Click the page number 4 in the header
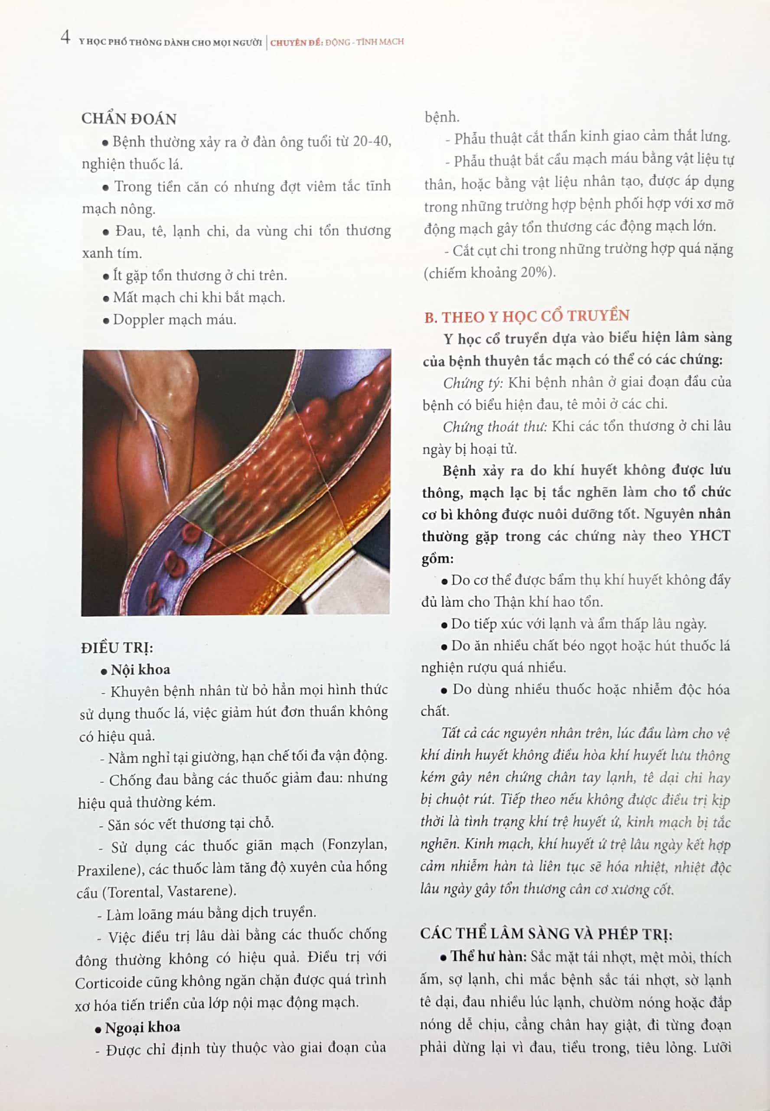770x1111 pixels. click(65, 37)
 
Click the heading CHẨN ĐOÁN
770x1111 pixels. click(129, 119)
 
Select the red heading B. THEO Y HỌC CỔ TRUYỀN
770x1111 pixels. click(527, 316)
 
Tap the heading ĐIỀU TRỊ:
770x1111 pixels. click(117, 648)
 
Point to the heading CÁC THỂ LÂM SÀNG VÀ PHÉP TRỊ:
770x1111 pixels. click(546, 934)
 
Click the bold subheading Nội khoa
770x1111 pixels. click(140, 670)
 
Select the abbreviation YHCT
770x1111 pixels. click(709, 536)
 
